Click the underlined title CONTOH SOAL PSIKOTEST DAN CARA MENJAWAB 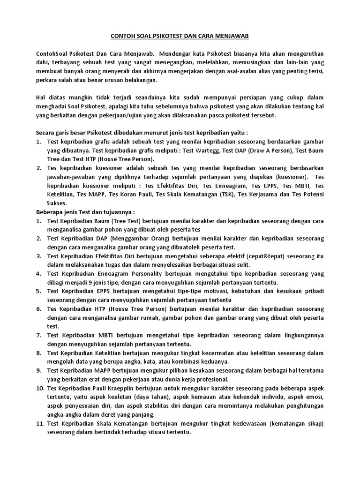point(180,35)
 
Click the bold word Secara point(46,133)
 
